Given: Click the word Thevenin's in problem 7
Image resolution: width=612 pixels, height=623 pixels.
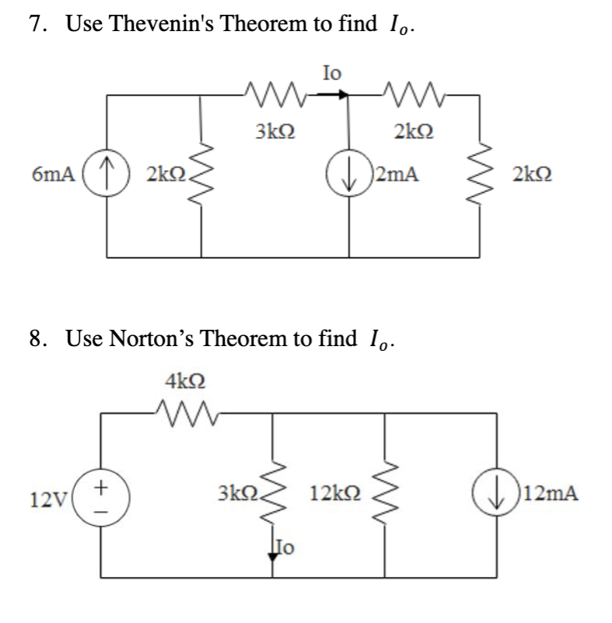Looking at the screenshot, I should click(x=156, y=24).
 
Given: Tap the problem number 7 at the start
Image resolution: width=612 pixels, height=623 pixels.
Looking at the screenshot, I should click(x=35, y=24).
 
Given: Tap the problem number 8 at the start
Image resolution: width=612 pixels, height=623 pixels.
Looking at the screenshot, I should click(x=35, y=339).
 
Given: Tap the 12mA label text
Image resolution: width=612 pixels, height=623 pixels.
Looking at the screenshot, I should click(x=551, y=493).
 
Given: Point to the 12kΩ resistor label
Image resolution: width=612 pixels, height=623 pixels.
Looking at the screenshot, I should click(x=334, y=493).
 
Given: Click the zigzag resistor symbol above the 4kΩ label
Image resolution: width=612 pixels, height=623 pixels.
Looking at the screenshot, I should click(x=185, y=410).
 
